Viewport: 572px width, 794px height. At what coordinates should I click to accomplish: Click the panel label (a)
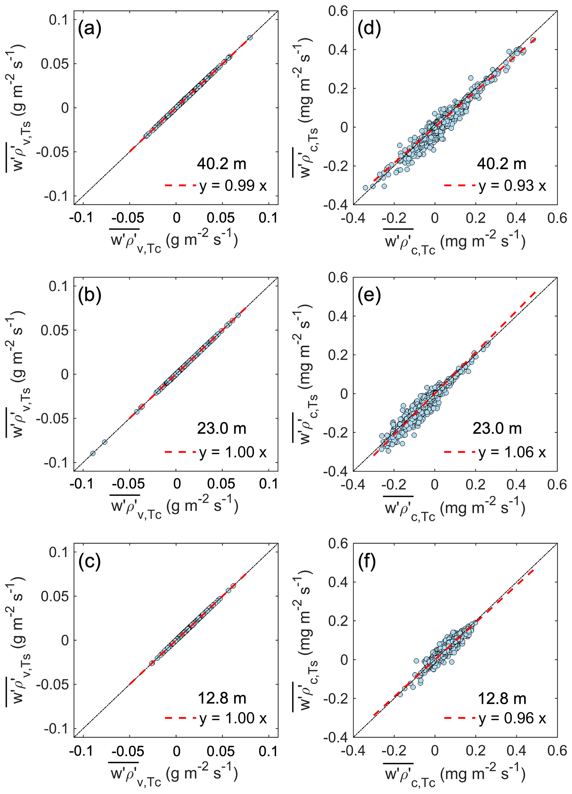tap(90, 29)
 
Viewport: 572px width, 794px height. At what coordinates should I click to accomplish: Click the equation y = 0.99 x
tap(233, 186)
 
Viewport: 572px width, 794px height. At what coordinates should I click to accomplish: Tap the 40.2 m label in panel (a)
tap(221, 164)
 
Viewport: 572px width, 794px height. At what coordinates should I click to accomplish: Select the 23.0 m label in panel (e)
tap(497, 429)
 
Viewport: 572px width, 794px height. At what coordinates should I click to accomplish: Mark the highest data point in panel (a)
tap(250, 37)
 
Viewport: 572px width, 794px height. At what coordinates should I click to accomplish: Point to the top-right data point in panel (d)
tap(533, 40)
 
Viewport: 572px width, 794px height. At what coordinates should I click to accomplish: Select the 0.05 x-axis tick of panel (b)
tap(221, 484)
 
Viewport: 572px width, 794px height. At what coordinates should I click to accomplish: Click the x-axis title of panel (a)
tap(174, 241)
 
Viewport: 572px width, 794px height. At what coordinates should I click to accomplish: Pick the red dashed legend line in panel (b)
tap(180, 452)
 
